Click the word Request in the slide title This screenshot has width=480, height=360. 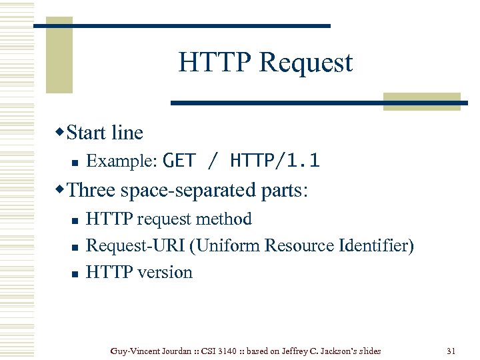pos(306,63)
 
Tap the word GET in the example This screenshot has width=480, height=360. pos(179,161)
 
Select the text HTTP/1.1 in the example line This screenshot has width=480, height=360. pos(275,161)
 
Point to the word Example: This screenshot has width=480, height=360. pos(122,161)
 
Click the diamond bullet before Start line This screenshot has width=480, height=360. pos(61,131)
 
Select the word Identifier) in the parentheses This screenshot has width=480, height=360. pos(376,246)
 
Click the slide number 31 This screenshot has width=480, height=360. pos(450,351)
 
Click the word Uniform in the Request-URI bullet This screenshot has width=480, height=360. pos(229,246)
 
